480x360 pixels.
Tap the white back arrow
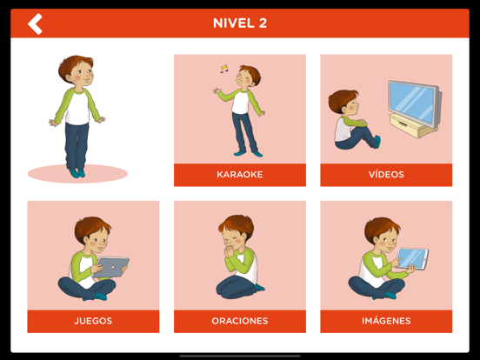click(35, 23)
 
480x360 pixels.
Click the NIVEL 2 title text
click(240, 23)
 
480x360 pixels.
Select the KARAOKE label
click(240, 175)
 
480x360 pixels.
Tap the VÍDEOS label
click(386, 175)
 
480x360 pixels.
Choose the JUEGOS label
click(93, 321)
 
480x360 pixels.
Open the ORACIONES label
click(240, 321)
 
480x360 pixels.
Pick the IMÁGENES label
click(386, 321)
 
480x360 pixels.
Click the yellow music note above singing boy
click(224, 69)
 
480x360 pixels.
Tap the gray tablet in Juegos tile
click(110, 267)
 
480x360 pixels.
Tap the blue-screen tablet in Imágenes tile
click(412, 258)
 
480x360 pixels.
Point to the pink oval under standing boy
click(77, 174)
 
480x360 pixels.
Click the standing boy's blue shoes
click(77, 173)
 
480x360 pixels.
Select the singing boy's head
click(249, 77)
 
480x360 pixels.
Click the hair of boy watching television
click(342, 99)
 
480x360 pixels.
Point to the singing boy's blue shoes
click(249, 153)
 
